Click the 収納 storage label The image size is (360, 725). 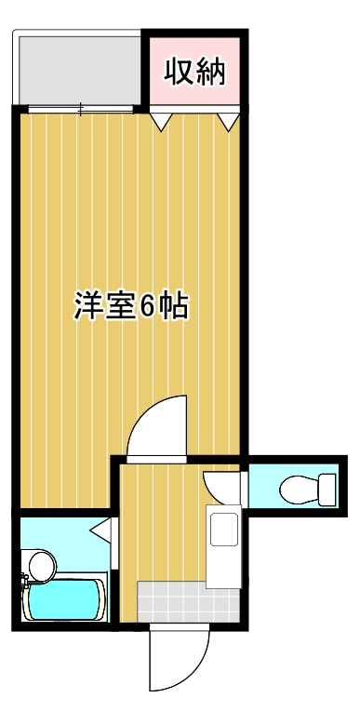click(195, 72)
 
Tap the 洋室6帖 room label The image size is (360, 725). click(131, 306)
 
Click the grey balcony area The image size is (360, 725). click(78, 69)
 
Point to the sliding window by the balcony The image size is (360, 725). click(82, 110)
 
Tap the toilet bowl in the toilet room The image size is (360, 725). click(295, 488)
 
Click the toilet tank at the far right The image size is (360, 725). click(326, 488)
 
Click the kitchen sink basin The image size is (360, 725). click(224, 530)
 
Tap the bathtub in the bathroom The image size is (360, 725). click(64, 600)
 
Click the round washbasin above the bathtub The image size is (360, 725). click(40, 564)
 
